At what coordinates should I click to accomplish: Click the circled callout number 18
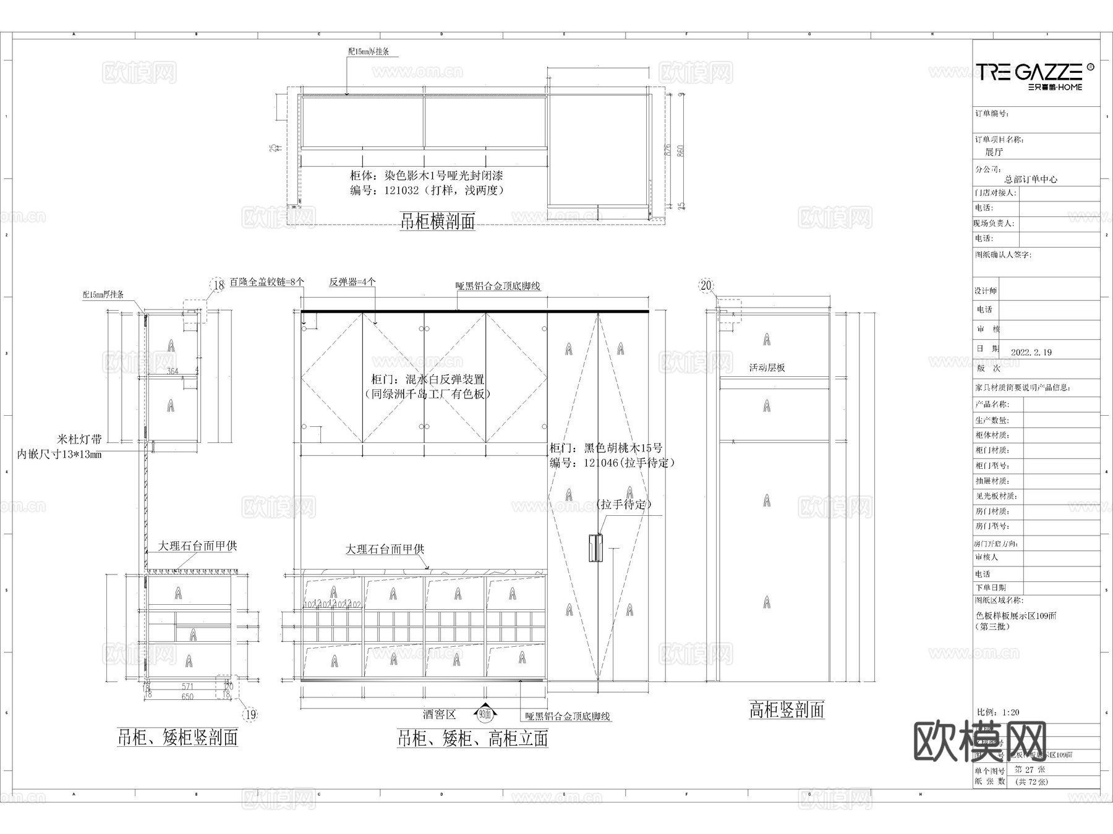(x=218, y=285)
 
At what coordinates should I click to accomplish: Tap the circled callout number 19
(x=250, y=715)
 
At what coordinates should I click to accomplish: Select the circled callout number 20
(x=706, y=285)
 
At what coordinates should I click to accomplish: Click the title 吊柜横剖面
(x=437, y=221)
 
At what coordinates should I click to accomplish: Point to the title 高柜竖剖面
(x=787, y=710)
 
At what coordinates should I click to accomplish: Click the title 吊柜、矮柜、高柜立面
(x=472, y=738)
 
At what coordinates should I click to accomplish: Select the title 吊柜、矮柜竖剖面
(x=177, y=738)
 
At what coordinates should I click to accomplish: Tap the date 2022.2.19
(x=1031, y=352)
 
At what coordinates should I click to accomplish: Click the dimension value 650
(x=187, y=696)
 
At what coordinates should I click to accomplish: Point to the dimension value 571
(x=187, y=686)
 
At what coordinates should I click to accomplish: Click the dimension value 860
(x=681, y=151)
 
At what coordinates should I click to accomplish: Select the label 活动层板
(x=767, y=368)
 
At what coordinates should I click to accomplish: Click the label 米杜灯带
(x=79, y=440)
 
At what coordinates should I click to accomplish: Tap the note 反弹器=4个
(x=352, y=282)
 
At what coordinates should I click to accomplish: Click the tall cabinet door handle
(x=595, y=548)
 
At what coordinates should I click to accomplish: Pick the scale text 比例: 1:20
(x=997, y=712)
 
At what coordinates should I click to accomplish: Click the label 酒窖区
(x=440, y=715)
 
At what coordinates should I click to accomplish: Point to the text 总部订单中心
(x=1031, y=179)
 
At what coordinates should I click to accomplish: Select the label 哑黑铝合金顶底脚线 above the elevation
(x=498, y=286)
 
